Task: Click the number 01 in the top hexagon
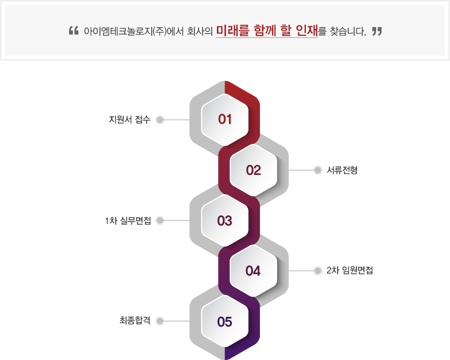pyautogui.click(x=224, y=119)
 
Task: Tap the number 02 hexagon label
pyautogui.click(x=253, y=170)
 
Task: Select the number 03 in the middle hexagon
pyautogui.click(x=224, y=220)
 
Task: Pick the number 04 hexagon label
pyautogui.click(x=253, y=271)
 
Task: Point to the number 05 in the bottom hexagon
pyautogui.click(x=224, y=322)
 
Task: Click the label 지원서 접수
pyautogui.click(x=129, y=119)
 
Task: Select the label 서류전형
pyautogui.click(x=342, y=170)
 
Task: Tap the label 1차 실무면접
pyautogui.click(x=128, y=220)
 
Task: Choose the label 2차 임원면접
pyautogui.click(x=349, y=270)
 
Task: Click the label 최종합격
pyautogui.click(x=135, y=321)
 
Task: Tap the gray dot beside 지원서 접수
pyautogui.click(x=160, y=120)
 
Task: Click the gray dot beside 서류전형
pyautogui.click(x=318, y=170)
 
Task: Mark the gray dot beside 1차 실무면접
pyautogui.click(x=160, y=220)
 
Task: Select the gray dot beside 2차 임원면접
pyautogui.click(x=318, y=271)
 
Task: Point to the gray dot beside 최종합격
pyautogui.click(x=160, y=321)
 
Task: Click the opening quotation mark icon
pyautogui.click(x=74, y=30)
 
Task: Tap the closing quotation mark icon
pyautogui.click(x=377, y=31)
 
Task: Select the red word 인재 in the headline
pyautogui.click(x=307, y=30)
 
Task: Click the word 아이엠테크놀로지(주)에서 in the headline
pyautogui.click(x=134, y=31)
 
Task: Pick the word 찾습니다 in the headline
pyautogui.click(x=348, y=31)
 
